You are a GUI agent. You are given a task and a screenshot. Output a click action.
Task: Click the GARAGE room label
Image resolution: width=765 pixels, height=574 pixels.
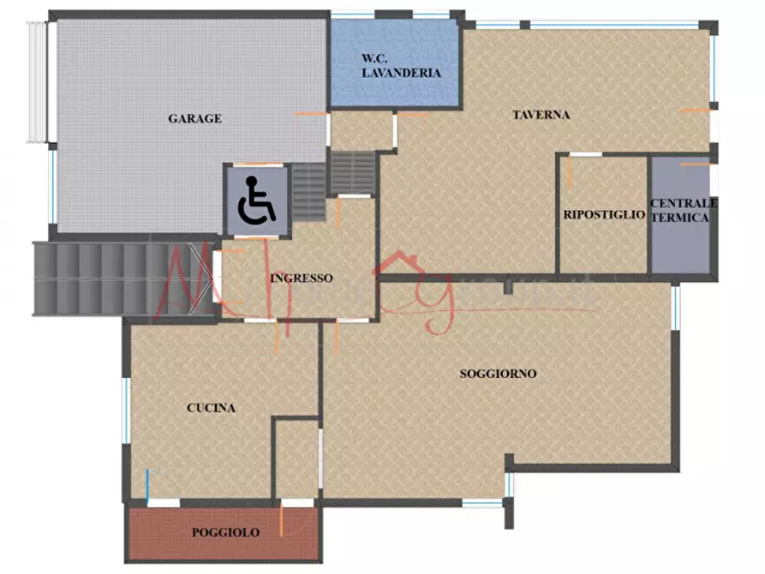[x=194, y=118]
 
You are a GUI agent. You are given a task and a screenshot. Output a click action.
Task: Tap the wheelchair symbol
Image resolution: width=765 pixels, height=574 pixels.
[x=257, y=200]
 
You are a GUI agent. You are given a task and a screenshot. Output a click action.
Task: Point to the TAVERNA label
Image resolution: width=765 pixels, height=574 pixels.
[x=541, y=115]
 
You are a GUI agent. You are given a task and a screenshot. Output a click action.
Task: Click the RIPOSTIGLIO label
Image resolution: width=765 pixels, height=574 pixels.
[x=604, y=215]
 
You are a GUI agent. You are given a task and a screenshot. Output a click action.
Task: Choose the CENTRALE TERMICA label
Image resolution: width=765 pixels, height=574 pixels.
[x=683, y=210]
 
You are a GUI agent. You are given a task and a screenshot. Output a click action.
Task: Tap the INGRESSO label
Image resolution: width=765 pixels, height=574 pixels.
[x=301, y=278]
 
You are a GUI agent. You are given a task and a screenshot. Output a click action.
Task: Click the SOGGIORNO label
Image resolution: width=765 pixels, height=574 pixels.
[x=498, y=374]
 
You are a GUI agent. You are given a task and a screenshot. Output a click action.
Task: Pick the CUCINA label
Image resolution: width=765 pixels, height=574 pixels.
[x=211, y=408]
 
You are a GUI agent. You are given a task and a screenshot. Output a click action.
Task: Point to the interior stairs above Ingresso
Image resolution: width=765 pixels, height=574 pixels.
[x=353, y=173]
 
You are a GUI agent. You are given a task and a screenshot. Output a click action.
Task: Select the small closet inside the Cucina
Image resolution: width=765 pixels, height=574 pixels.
[x=297, y=458]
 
